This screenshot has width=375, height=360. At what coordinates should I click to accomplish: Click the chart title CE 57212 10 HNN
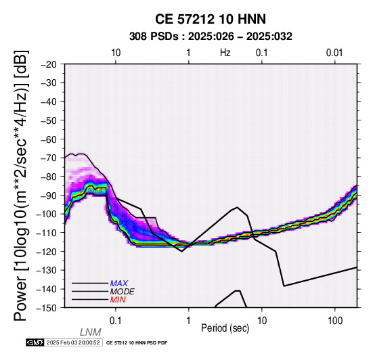(211, 19)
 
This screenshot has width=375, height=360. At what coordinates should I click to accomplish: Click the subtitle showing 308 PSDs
(211, 37)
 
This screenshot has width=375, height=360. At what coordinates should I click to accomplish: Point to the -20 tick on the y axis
(49, 64)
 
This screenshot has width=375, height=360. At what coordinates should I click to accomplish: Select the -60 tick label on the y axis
(49, 139)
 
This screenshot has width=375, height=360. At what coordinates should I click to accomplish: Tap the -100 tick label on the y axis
(47, 215)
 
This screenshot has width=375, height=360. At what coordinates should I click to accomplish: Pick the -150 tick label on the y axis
(47, 308)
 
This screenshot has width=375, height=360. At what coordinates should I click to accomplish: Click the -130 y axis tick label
(47, 271)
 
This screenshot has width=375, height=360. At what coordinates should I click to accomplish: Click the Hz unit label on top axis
(225, 53)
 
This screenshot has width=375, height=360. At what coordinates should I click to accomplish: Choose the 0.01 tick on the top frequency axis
(334, 53)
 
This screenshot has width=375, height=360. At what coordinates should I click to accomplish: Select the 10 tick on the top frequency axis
(116, 53)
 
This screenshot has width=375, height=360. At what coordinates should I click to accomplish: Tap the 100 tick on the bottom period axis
(335, 321)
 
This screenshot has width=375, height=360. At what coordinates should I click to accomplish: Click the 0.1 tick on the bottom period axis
(115, 321)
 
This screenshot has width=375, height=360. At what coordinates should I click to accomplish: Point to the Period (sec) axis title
(225, 328)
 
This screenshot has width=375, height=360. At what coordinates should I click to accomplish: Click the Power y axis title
(21, 185)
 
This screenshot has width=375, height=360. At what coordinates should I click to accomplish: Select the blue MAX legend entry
(119, 284)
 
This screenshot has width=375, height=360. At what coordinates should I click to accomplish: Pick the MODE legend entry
(123, 292)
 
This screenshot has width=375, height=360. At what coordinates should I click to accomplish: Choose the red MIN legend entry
(118, 300)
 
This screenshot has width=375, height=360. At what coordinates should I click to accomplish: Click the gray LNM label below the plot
(91, 332)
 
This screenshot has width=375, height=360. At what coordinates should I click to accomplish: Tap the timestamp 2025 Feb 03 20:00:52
(73, 343)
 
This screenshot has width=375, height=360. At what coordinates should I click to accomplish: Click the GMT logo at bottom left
(35, 342)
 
